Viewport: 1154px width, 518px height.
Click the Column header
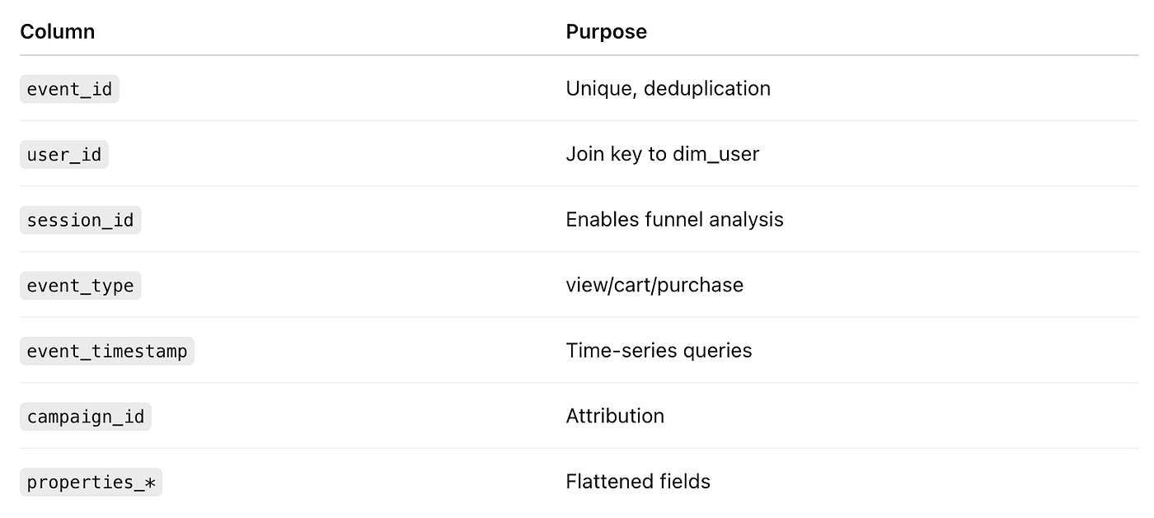click(57, 32)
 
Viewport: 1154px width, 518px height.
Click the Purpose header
click(606, 32)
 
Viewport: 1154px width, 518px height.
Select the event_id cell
click(69, 89)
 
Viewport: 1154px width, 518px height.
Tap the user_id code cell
click(64, 154)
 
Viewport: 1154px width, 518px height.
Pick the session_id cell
click(80, 220)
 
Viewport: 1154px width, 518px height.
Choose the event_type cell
click(80, 286)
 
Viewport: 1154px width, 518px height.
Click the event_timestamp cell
click(107, 351)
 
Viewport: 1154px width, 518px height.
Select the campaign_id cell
click(86, 417)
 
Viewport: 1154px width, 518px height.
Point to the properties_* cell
click(91, 482)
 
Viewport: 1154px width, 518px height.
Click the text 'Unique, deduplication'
click(668, 88)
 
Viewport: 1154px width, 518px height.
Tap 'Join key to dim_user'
click(662, 154)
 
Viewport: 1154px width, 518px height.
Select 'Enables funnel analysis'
click(674, 220)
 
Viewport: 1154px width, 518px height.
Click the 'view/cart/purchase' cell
click(654, 285)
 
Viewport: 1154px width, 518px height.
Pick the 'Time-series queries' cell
click(659, 351)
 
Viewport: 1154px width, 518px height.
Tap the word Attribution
click(615, 416)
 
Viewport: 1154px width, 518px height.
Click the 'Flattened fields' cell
click(638, 482)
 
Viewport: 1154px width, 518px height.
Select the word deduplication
click(707, 88)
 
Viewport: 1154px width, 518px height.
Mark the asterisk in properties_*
click(149, 483)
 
